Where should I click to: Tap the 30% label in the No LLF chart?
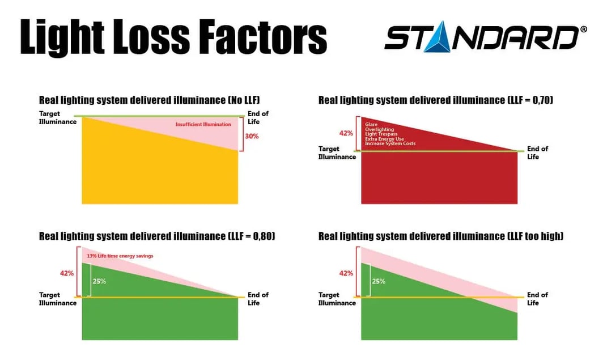(252, 136)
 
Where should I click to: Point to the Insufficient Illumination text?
(203, 124)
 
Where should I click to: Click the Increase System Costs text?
(390, 143)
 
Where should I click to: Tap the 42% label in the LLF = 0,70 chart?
(346, 134)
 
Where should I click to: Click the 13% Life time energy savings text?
(120, 256)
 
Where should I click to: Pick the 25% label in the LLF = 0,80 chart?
(99, 281)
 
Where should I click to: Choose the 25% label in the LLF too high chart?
(379, 281)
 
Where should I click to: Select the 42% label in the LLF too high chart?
(346, 273)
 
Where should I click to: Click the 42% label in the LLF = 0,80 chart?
(67, 273)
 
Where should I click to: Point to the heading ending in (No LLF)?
(149, 100)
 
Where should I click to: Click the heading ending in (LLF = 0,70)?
(436, 100)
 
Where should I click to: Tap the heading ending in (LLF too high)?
(441, 236)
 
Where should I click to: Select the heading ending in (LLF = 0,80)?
(157, 236)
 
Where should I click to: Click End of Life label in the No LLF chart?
(258, 117)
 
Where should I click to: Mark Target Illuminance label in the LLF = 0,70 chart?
(337, 153)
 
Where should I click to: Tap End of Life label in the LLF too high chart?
(537, 299)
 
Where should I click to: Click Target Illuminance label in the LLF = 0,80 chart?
(58, 299)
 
